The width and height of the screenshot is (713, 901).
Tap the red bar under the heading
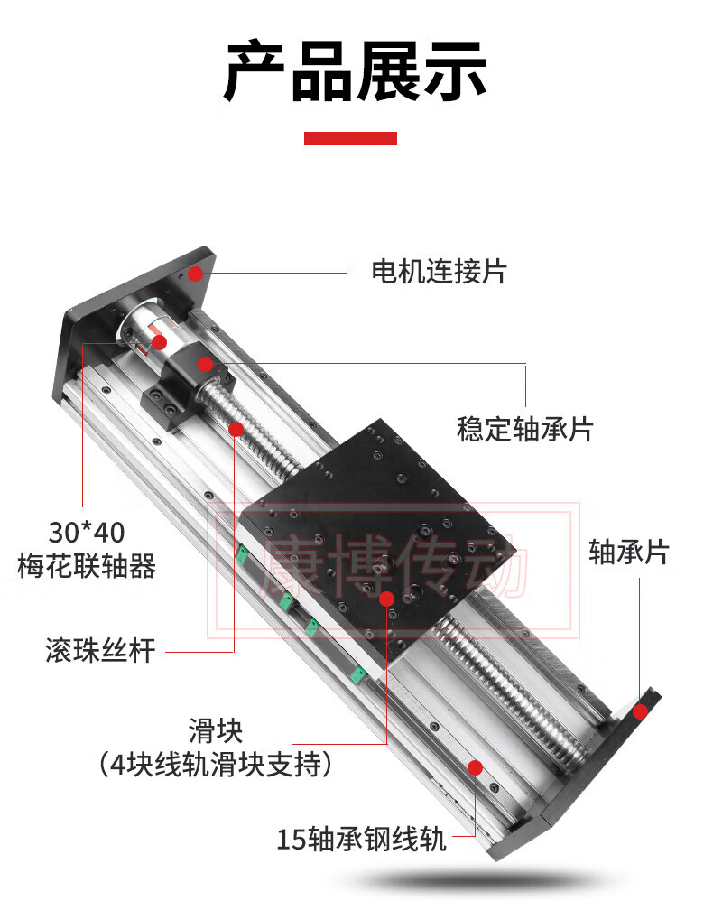[x=350, y=138]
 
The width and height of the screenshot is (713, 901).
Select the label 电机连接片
[x=440, y=271]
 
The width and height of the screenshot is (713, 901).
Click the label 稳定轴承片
[x=524, y=429]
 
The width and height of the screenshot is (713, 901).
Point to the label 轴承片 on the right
[x=629, y=552]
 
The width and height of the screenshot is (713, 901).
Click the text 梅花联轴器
[x=87, y=567]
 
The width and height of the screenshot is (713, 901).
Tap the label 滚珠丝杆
[x=100, y=650]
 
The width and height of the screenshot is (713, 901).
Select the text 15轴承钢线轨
[x=361, y=840]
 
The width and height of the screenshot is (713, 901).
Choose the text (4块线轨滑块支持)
[x=216, y=766]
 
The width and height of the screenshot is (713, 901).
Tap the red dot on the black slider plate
[x=386, y=599]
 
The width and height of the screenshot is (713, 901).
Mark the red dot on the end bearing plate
[x=640, y=711]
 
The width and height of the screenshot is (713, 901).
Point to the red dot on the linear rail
[x=474, y=767]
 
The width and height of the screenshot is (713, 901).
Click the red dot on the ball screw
[x=236, y=429]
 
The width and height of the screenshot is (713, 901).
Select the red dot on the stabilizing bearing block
[x=206, y=364]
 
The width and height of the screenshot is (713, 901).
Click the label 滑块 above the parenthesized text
[x=216, y=729]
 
